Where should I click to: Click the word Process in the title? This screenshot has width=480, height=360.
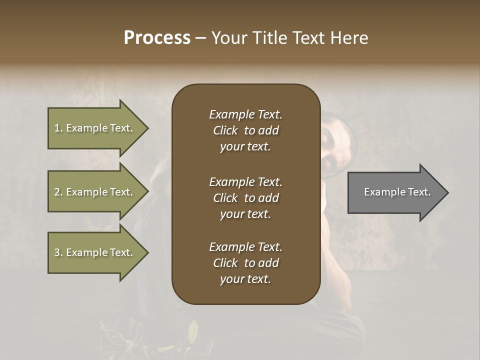click(x=157, y=38)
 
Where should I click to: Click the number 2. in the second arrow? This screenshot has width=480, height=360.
click(x=58, y=192)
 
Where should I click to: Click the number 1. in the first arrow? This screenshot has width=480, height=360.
click(x=58, y=128)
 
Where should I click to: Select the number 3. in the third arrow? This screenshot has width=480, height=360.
click(x=58, y=252)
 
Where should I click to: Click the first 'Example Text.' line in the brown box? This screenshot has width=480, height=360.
click(x=245, y=114)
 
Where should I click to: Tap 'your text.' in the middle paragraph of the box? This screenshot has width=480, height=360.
click(x=245, y=213)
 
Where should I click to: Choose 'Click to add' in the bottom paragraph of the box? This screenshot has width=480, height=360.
click(x=245, y=263)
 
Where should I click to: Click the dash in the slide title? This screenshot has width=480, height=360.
click(x=200, y=38)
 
